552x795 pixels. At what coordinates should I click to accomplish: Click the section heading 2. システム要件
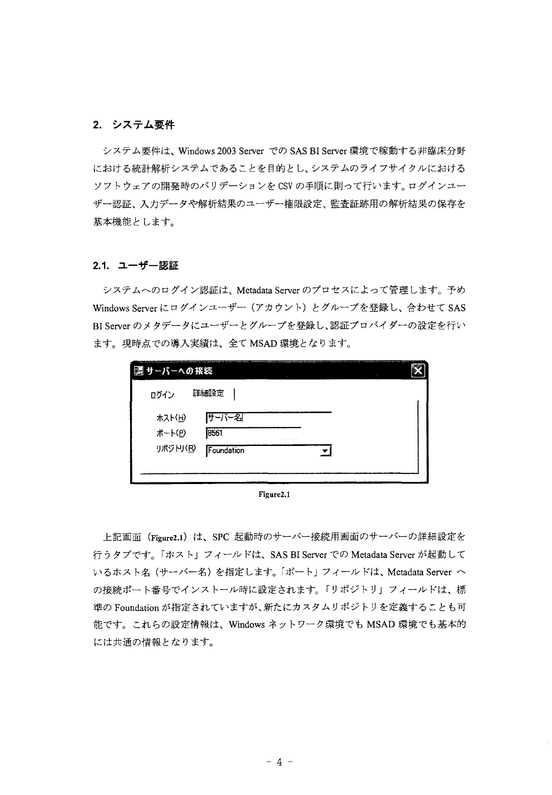pyautogui.click(x=133, y=125)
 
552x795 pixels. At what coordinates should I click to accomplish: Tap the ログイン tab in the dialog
pyautogui.click(x=162, y=395)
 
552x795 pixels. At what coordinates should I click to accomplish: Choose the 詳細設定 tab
pyautogui.click(x=208, y=393)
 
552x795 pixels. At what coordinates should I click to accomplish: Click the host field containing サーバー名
pyautogui.click(x=268, y=417)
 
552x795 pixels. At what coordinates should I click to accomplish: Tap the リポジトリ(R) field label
pyautogui.click(x=174, y=449)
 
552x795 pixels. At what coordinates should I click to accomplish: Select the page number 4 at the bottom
pyautogui.click(x=279, y=761)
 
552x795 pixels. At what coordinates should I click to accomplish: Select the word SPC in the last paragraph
pyautogui.click(x=220, y=538)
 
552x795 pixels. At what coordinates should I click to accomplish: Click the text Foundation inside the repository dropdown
pyautogui.click(x=226, y=450)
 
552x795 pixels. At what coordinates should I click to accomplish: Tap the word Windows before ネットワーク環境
pyautogui.click(x=247, y=625)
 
